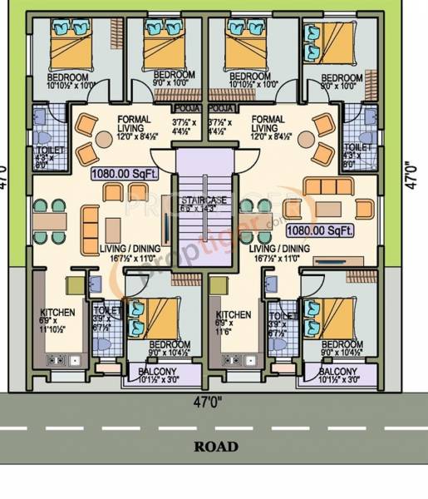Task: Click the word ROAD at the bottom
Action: tap(215, 447)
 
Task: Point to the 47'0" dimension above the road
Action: tap(214, 401)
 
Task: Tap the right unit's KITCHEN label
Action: tap(234, 314)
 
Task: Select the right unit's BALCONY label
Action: tap(338, 371)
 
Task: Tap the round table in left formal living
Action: tap(106, 139)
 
